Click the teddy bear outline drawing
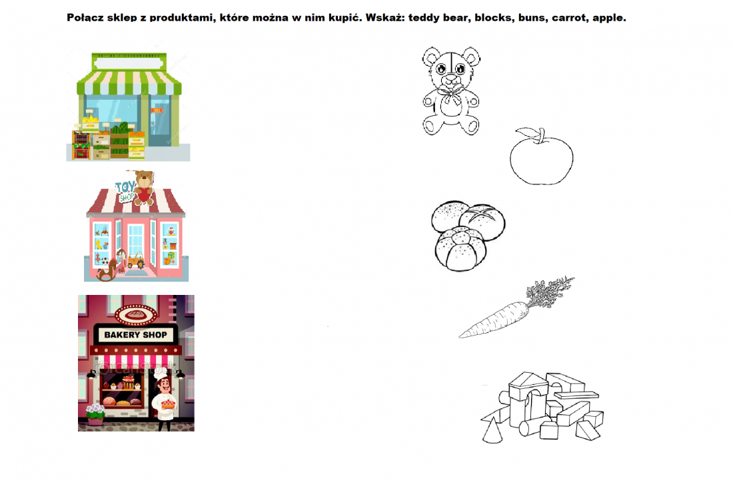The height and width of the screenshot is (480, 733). (x=451, y=91)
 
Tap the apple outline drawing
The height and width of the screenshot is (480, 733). (x=541, y=157)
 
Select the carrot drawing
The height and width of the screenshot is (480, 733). (x=516, y=307)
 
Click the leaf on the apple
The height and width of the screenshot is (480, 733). (x=527, y=132)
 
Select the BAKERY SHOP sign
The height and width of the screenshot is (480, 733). (x=135, y=335)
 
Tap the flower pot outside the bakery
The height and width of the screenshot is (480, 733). (x=96, y=415)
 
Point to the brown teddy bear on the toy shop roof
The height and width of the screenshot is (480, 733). (x=144, y=187)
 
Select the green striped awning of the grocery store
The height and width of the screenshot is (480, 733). (x=129, y=82)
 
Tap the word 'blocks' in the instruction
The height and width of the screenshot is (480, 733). (x=493, y=18)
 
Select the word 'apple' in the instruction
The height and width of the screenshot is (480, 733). (x=608, y=18)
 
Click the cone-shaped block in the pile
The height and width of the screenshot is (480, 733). (x=492, y=431)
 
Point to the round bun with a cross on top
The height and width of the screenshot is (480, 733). (x=482, y=222)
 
